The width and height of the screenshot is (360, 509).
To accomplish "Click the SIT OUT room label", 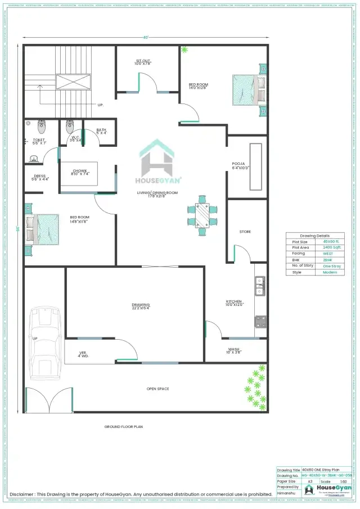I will point(143,61).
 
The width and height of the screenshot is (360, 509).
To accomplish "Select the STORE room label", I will point(245,232).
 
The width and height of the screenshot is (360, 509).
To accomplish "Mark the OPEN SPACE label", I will point(157,389).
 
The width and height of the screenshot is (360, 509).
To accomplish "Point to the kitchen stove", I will point(260,322).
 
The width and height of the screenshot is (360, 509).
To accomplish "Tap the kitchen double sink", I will point(260,286).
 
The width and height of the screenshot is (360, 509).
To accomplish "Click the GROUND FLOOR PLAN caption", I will point(124,427).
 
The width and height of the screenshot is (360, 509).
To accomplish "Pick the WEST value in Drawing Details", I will point(328,254).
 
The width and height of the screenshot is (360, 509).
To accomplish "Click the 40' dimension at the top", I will point(146,38).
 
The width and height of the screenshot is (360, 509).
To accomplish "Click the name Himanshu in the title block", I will point(286,493).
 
